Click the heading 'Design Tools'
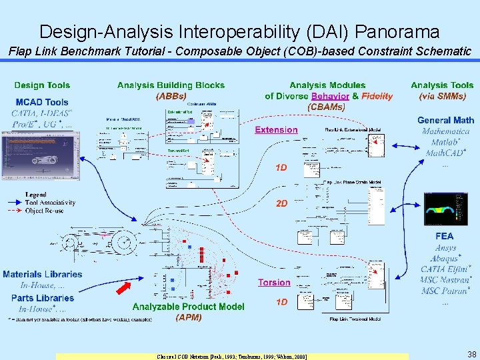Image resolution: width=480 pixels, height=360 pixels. (x=42, y=85)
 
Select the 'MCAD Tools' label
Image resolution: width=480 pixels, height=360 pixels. (x=42, y=102)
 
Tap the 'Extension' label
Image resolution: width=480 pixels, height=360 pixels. (x=276, y=130)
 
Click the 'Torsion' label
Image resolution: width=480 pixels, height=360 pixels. (x=274, y=283)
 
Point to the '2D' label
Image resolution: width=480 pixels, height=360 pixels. (x=282, y=203)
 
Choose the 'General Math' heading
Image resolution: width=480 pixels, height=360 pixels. (x=445, y=121)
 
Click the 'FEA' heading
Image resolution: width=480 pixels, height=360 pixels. (x=444, y=236)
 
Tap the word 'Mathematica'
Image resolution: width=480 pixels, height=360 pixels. (x=445, y=131)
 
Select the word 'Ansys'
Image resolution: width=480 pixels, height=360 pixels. (x=444, y=248)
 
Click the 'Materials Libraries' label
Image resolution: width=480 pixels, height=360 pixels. (x=43, y=274)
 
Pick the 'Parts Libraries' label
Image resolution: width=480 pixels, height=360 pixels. (x=43, y=298)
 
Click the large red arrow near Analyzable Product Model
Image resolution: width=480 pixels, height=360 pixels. (x=125, y=287)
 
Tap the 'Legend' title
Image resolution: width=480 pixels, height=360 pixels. (x=37, y=194)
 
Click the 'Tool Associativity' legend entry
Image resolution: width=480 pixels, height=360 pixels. (x=50, y=203)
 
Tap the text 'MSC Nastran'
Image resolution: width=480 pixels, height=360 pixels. (x=443, y=280)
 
